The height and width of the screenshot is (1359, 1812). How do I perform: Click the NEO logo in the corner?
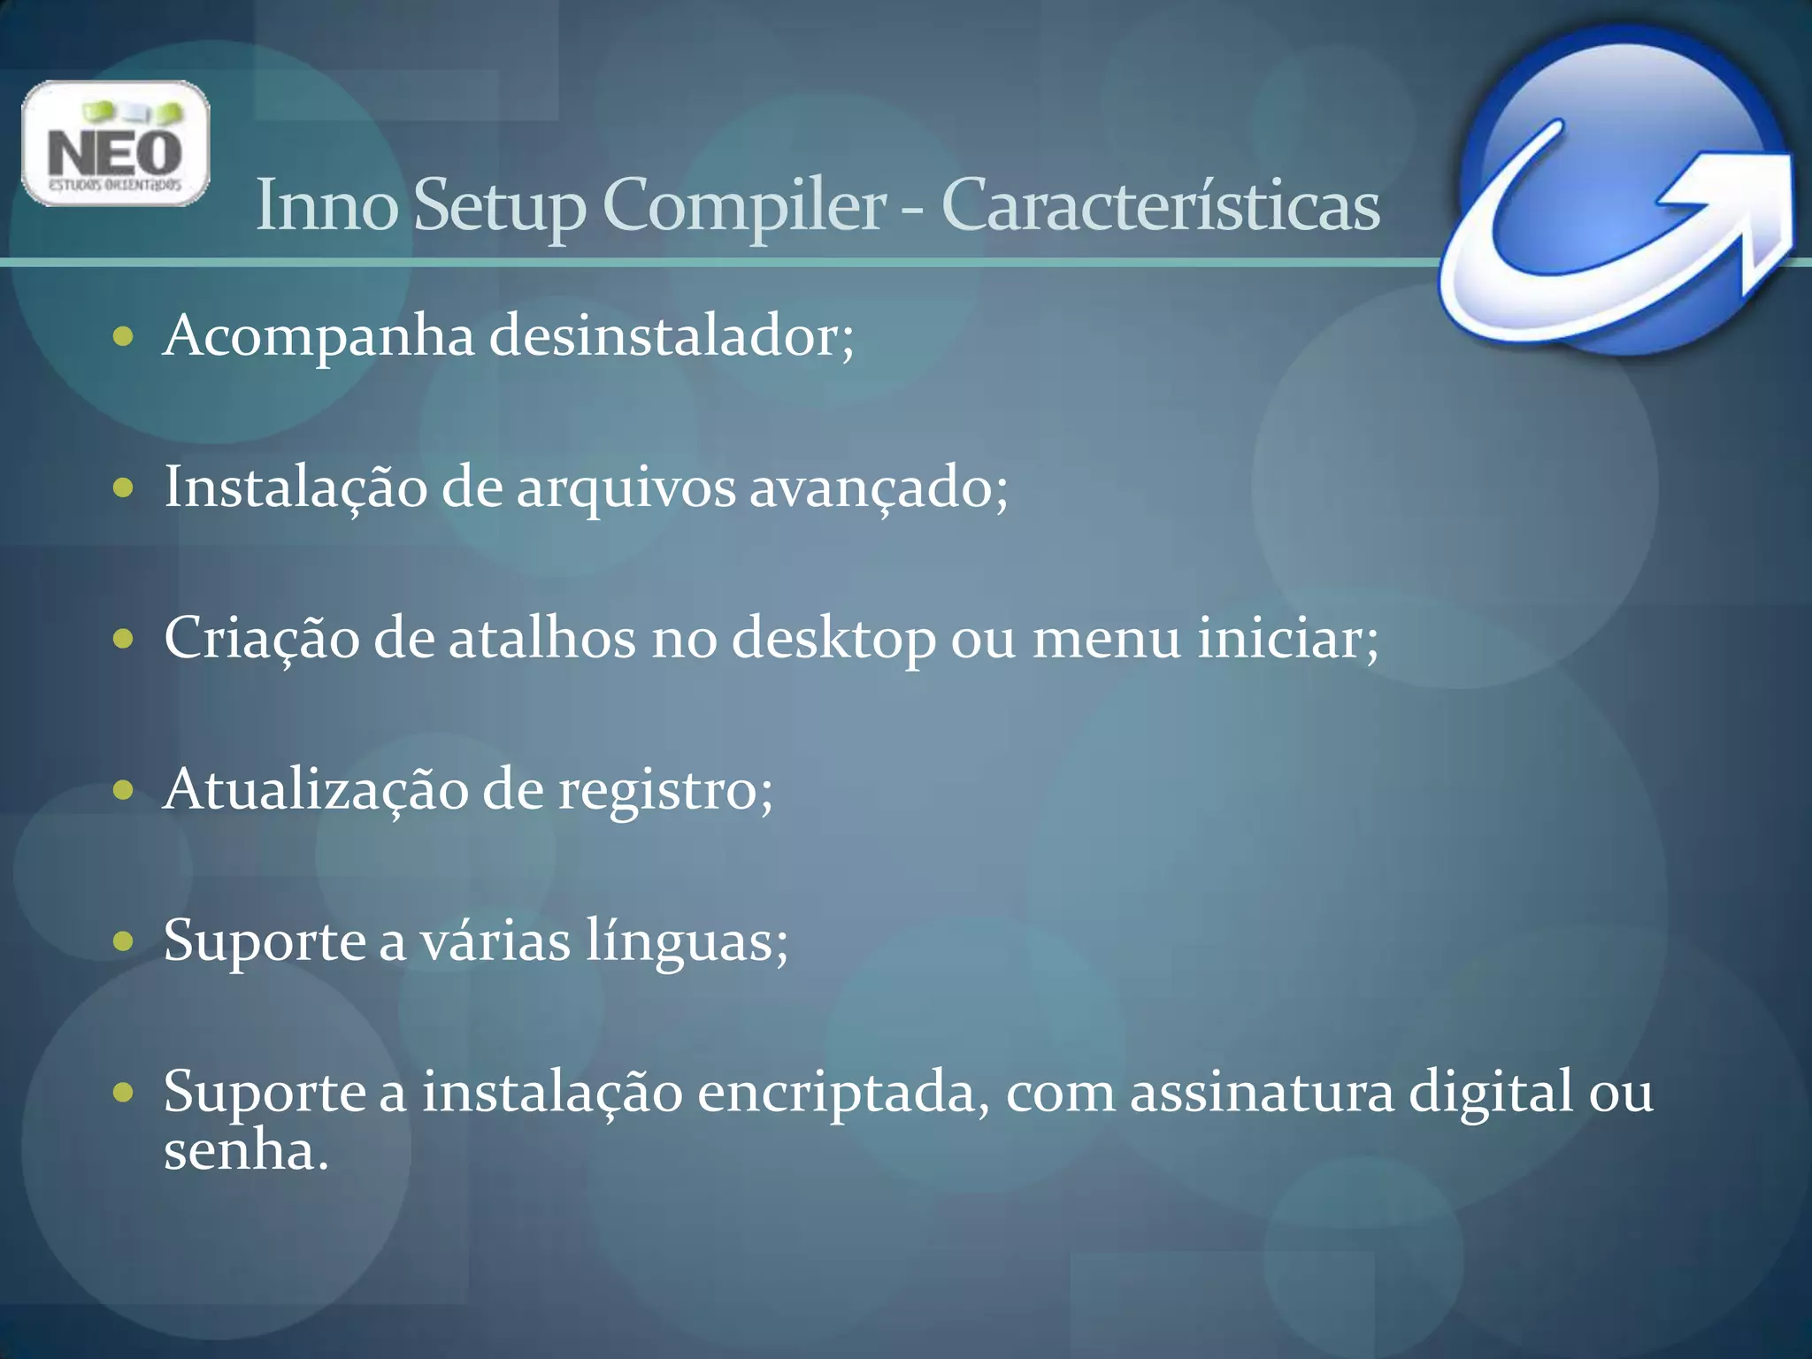115,143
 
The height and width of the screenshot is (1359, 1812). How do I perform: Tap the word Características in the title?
1160,205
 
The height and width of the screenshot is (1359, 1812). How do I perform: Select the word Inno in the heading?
326,205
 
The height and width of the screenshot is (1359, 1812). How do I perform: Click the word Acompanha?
319,336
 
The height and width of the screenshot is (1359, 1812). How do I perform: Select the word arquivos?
626,488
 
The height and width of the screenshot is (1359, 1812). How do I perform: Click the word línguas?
686,941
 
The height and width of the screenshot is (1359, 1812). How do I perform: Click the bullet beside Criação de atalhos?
123,639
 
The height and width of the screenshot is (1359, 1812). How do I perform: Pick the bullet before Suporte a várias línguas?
123,941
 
